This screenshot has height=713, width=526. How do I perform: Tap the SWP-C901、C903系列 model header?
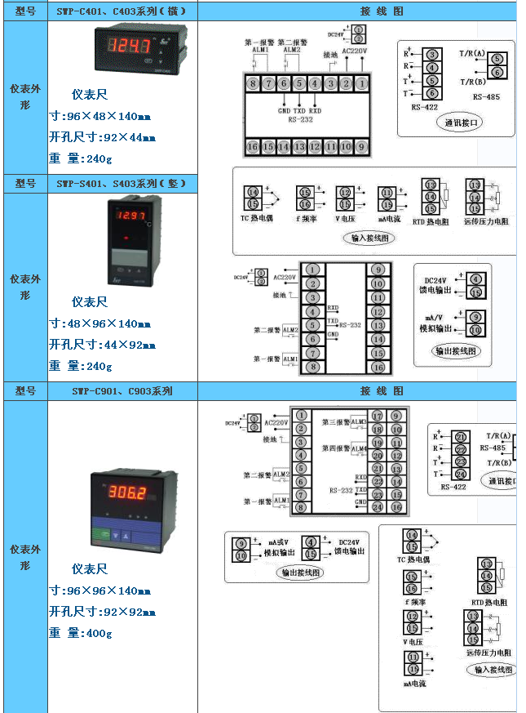[121, 391]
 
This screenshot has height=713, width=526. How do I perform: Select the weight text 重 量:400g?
[80, 633]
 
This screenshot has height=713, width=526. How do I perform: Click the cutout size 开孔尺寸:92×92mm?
[102, 612]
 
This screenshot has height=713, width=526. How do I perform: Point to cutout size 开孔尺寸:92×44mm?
[102, 137]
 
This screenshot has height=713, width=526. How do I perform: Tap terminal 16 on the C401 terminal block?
[253, 147]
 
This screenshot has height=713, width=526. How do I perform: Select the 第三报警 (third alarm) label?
[334, 422]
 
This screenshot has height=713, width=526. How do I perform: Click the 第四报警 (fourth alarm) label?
[334, 448]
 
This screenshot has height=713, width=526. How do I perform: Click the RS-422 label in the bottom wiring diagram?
[453, 487]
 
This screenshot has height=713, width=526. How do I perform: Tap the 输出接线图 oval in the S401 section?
[457, 350]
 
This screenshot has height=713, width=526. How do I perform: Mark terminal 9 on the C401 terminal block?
[360, 147]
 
